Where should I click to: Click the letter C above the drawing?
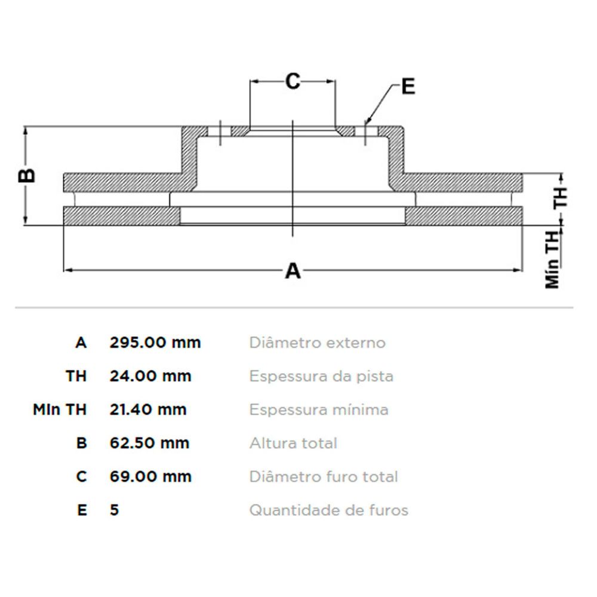[293, 81]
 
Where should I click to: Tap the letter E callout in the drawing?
[408, 87]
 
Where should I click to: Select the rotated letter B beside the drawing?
[27, 176]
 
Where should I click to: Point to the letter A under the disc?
[293, 272]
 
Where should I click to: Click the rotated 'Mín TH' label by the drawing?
[552, 260]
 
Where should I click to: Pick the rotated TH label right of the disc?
[561, 198]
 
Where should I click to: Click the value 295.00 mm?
[155, 343]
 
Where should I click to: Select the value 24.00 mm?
[150, 376]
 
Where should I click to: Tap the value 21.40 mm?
[148, 410]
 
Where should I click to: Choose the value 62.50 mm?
[149, 443]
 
